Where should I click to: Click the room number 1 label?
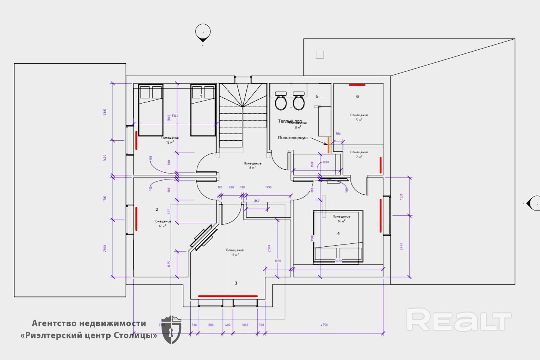pos(201,96)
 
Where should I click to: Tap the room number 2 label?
pos(157,209)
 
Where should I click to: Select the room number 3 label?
pos(236,283)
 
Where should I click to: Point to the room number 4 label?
pos(338,233)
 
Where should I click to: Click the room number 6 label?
pos(358,96)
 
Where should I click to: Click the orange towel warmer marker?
pos(328,145)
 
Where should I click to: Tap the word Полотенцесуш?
pos(293,138)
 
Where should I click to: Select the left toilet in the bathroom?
pos(281,102)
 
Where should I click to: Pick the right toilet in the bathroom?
pos(298,102)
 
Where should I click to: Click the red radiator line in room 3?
pos(227,296)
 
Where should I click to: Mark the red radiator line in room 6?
pos(357,85)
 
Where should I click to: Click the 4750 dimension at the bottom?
pos(324,325)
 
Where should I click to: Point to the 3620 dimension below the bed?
pos(338,261)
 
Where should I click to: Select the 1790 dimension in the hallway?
pos(268,187)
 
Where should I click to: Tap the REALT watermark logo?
pos(458,320)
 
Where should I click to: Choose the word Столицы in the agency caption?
pos(138,335)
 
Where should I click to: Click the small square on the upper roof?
pos(320,55)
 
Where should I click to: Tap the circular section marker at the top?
pos(203,32)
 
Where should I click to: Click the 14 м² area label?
pos(341,221)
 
